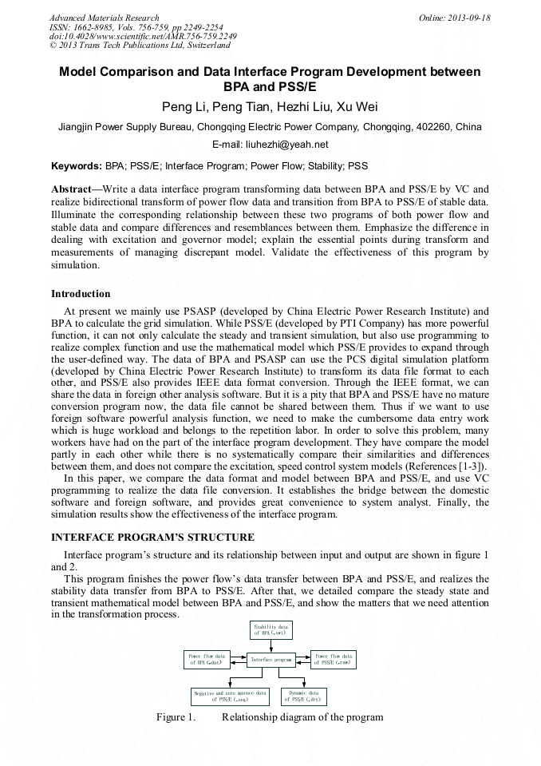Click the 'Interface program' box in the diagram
point(270,660)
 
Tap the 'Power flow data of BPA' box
point(207,659)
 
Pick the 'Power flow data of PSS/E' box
point(334,659)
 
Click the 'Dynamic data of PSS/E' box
point(302,696)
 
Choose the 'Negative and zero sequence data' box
point(230,696)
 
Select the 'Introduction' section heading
point(81,294)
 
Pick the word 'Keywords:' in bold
point(77,167)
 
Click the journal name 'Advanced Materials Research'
point(104,18)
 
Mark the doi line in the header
point(143,36)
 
